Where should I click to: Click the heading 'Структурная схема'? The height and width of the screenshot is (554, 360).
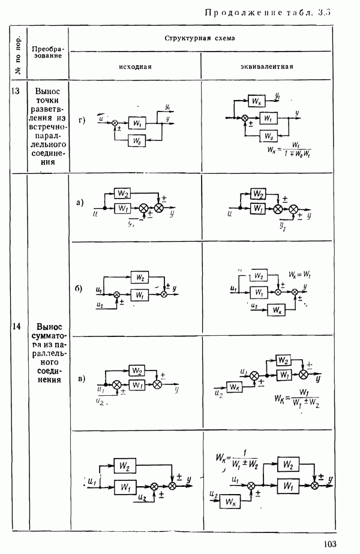pyautogui.click(x=200, y=38)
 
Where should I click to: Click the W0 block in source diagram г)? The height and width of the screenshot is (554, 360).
pyautogui.click(x=137, y=141)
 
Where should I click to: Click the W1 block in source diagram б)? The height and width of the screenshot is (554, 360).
pyautogui.click(x=139, y=294)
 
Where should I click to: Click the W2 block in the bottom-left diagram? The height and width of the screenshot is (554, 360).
pyautogui.click(x=125, y=465)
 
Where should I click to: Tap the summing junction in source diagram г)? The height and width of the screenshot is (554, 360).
pyautogui.click(x=115, y=122)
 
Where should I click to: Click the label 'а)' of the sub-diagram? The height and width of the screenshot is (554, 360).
pyautogui.click(x=80, y=203)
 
